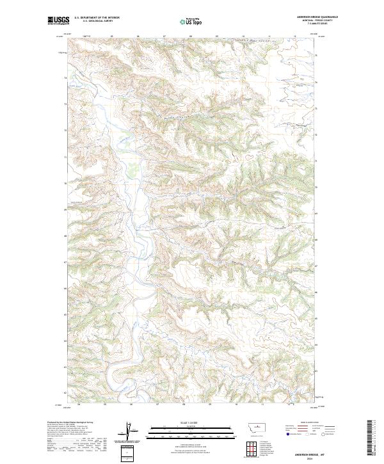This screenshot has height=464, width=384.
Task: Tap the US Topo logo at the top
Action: tap(192, 20)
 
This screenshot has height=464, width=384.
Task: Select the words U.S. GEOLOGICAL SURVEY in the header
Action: tap(97, 21)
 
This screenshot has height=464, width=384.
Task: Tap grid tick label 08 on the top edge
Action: tap(191, 36)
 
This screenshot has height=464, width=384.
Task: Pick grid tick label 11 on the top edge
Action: tap(269, 36)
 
